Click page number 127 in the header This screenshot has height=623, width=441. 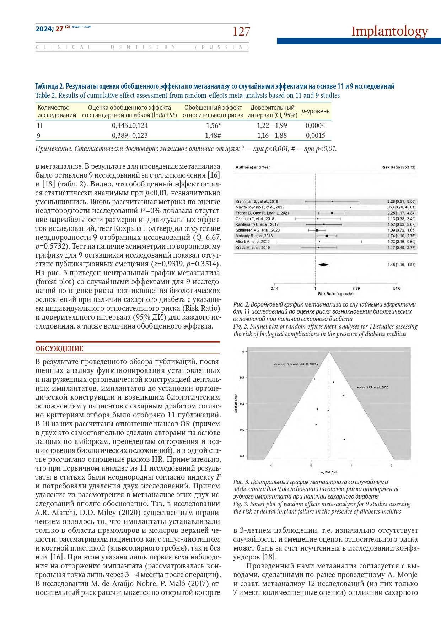[241, 32]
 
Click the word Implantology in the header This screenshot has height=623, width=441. [389, 31]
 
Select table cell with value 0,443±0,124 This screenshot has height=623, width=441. [130, 125]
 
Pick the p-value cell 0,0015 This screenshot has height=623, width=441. [315, 135]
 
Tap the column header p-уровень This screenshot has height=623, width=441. [315, 111]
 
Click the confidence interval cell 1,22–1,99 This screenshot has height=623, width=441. [272, 125]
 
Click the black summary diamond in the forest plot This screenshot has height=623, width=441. [323, 264]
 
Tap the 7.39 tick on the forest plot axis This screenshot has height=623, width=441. [356, 288]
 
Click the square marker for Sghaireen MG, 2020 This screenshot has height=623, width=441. [317, 230]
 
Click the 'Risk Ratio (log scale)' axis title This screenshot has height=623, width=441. [335, 294]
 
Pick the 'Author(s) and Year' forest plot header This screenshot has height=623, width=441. [253, 167]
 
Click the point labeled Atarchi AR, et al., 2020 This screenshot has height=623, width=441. [357, 387]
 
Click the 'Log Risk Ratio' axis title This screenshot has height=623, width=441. [329, 472]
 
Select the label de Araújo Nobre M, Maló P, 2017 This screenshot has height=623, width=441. [295, 364]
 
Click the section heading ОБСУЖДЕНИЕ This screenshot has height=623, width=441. [59, 348]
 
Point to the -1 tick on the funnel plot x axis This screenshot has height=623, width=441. [271, 465]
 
